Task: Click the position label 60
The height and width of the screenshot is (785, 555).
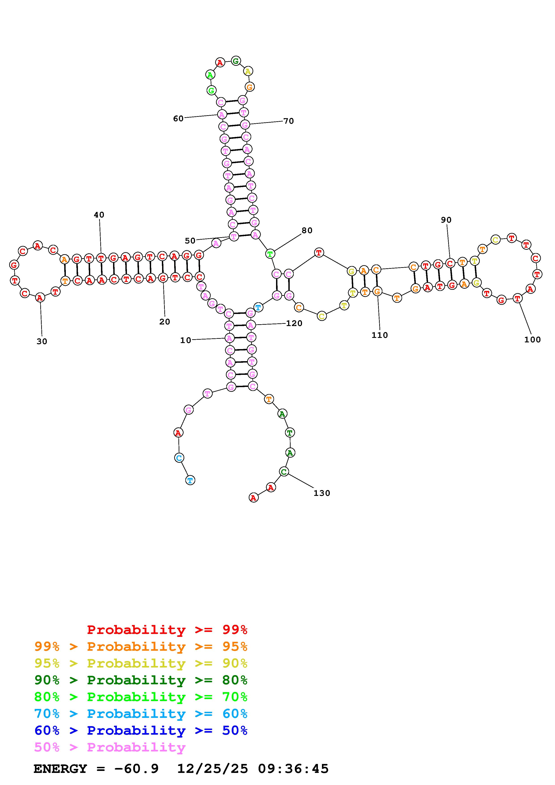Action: click(x=178, y=119)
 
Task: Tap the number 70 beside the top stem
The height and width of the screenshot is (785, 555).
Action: click(x=288, y=121)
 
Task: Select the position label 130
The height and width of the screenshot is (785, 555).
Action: click(x=321, y=493)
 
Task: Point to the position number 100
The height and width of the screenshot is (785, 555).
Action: click(x=532, y=339)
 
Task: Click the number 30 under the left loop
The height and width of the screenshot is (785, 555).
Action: click(x=42, y=341)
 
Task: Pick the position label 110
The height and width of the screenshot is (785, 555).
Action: click(x=379, y=335)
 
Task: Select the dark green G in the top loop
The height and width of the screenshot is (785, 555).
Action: click(x=235, y=61)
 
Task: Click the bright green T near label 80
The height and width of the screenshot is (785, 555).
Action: click(x=270, y=254)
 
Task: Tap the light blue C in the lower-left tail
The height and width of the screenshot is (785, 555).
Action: click(x=179, y=457)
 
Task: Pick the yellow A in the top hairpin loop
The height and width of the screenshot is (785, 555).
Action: click(x=248, y=71)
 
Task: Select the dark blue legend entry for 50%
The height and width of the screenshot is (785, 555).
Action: click(x=141, y=730)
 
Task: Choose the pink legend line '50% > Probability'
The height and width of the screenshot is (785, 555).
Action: click(x=110, y=747)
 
